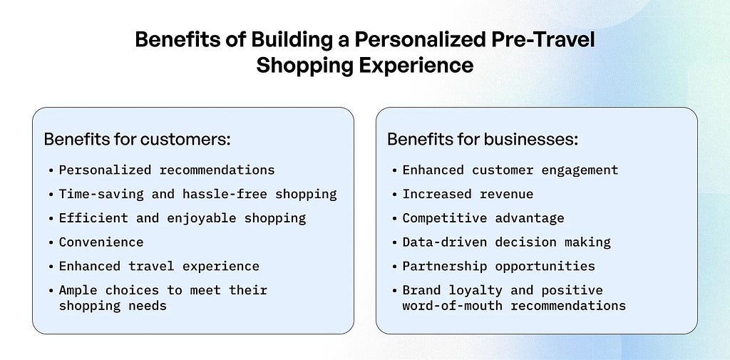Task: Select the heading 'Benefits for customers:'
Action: coord(138,139)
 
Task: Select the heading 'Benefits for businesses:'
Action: coord(483,139)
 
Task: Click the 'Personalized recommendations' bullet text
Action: coord(167,170)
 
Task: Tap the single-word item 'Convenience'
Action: coord(101,242)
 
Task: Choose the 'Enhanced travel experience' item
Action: coord(159,267)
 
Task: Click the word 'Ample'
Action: coord(78,291)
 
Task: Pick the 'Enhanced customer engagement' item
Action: coord(510,170)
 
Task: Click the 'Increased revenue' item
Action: coord(468,194)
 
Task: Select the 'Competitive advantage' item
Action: coord(483,218)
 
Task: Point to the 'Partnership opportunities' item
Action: coord(498,267)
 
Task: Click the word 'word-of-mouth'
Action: coord(453,306)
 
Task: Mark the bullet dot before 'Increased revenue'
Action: coord(395,195)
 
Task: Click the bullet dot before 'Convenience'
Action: coord(51,242)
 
